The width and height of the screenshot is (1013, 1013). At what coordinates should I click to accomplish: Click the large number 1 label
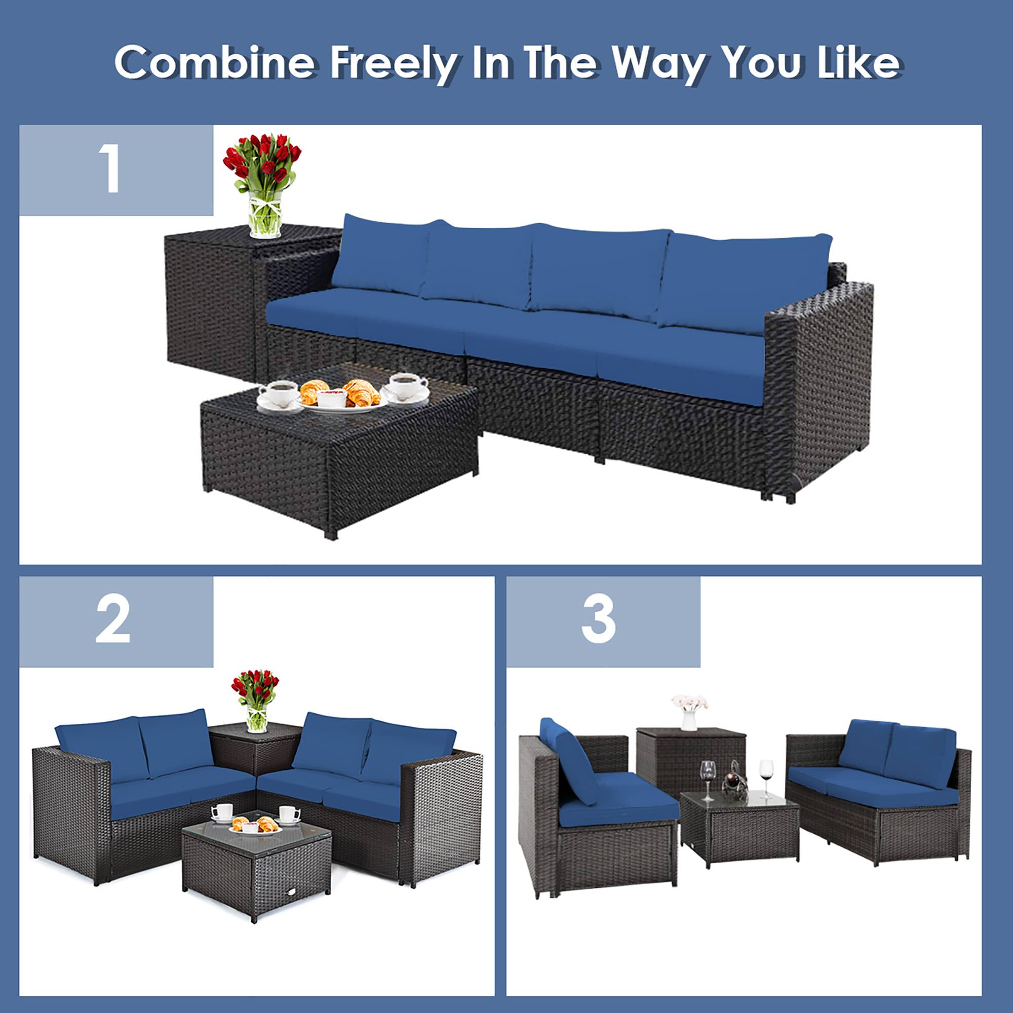tap(111, 169)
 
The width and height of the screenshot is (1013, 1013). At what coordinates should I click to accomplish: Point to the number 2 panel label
tap(113, 621)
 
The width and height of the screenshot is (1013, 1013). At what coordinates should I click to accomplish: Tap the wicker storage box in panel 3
tap(690, 760)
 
